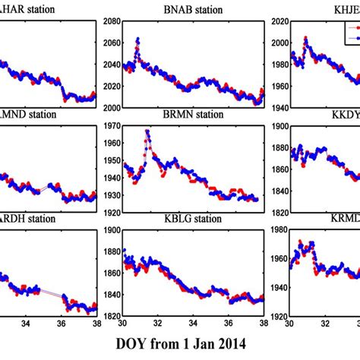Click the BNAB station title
[x=182, y=10]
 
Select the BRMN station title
[x=182, y=115]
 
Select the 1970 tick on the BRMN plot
[x=109, y=126]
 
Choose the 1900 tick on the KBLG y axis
[x=109, y=230]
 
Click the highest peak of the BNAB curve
[x=137, y=39]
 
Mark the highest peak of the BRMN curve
[x=147, y=131]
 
